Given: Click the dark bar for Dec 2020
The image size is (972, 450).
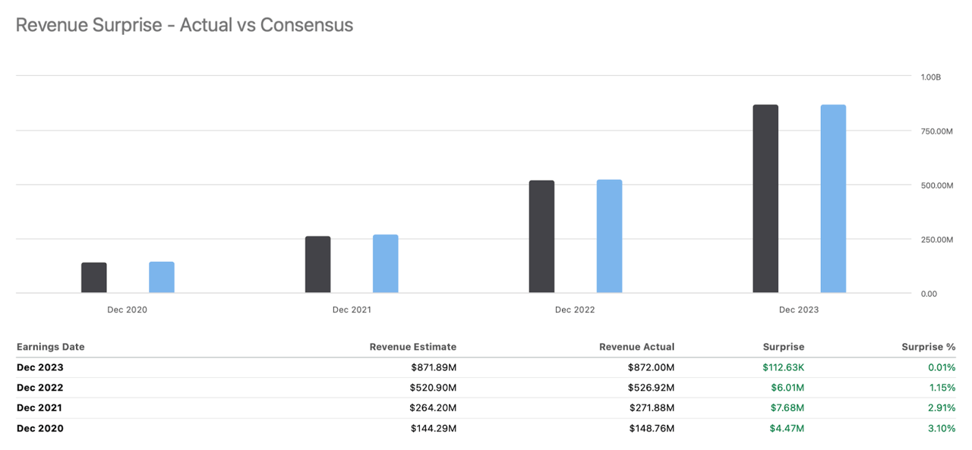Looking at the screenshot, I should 94,278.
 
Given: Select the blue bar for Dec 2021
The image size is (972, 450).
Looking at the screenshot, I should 385,264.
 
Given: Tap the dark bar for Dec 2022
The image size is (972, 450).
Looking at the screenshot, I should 541,237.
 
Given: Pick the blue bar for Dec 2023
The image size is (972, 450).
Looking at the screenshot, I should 833,199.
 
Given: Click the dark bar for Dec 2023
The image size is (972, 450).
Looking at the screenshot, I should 765,199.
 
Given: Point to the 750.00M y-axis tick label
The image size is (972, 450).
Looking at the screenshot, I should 936,131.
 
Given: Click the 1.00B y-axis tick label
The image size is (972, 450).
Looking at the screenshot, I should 930,77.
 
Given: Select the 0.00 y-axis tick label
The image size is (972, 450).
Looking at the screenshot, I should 928,294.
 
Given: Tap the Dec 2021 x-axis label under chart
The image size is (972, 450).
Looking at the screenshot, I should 352,310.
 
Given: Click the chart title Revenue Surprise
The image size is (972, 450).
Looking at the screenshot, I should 184,24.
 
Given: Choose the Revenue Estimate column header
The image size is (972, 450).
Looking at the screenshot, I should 412,347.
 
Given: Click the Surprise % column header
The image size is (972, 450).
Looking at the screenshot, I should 928,347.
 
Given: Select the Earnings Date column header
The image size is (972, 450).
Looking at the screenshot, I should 51,347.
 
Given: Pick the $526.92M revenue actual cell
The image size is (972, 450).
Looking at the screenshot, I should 652,388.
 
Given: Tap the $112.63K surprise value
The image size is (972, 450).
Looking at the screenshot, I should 783,367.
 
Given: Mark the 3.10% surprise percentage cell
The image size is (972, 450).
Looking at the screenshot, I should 941,428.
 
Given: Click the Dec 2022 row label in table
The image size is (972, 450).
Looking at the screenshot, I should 40,388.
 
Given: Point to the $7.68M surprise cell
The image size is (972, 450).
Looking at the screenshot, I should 787,408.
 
